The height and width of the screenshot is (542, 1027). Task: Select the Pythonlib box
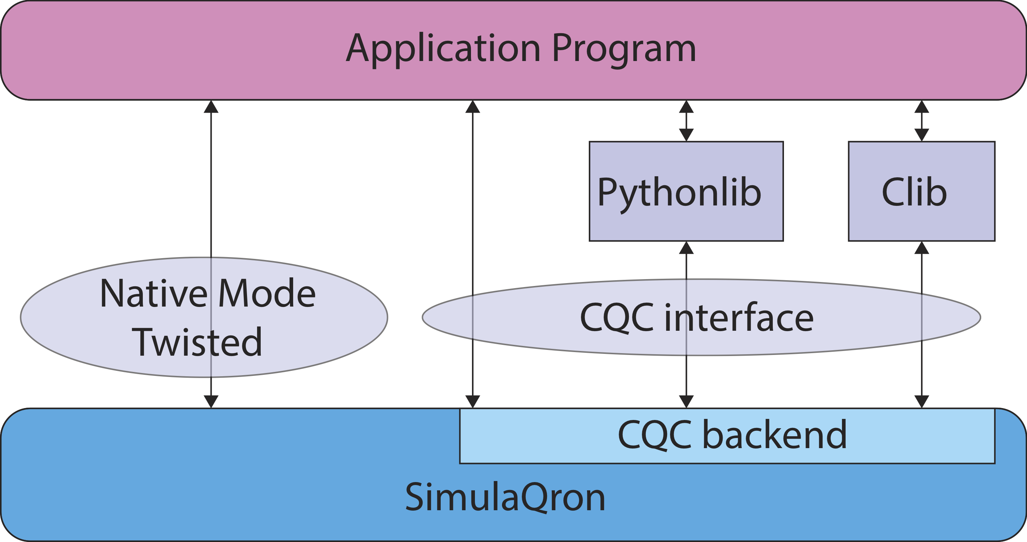[x=686, y=191]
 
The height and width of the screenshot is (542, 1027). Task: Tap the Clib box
[x=922, y=191]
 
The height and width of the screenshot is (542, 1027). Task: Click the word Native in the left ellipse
[x=154, y=293]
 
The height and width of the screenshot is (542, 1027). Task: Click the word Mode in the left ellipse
[x=267, y=293]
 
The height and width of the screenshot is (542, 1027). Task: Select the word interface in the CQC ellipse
[x=739, y=317]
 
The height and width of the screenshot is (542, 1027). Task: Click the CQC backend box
[x=727, y=436]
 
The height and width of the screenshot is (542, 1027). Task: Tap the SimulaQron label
[x=505, y=497]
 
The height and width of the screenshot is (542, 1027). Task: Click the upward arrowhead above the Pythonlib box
[x=686, y=107]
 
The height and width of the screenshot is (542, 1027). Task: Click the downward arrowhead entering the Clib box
[x=922, y=135]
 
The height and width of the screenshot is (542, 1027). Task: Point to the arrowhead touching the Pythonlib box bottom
[x=686, y=247]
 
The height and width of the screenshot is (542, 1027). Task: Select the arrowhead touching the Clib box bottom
[x=922, y=247]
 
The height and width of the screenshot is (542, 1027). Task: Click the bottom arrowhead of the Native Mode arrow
[x=211, y=402]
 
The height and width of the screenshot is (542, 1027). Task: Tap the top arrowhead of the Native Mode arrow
[x=211, y=107]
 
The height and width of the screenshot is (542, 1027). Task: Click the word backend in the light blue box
[x=775, y=435]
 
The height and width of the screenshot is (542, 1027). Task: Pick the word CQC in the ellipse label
[x=617, y=318]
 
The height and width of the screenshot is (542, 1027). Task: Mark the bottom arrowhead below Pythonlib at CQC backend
[x=686, y=402]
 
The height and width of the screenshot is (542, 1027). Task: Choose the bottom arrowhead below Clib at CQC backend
[x=922, y=402]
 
